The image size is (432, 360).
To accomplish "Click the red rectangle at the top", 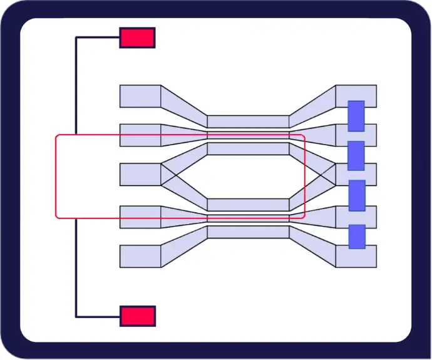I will (137, 38).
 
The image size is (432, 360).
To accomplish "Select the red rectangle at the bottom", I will (137, 316).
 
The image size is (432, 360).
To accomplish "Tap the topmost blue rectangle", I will (356, 116).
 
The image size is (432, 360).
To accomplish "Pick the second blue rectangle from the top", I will (356, 156).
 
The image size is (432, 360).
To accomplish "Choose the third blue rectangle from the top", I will (356, 195).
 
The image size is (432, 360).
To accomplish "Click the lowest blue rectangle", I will (356, 236).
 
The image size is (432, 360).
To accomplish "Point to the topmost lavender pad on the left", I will (140, 96).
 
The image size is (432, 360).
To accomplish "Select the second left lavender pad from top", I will (140, 135).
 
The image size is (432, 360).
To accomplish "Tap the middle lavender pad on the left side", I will (140, 174).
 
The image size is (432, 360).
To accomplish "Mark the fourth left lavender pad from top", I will (140, 216).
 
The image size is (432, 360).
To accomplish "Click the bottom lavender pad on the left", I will (140, 256).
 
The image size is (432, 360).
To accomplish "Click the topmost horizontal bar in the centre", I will (248, 121).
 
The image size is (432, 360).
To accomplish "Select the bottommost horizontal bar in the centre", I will (248, 232).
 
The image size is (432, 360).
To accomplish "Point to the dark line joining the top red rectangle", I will (76, 81).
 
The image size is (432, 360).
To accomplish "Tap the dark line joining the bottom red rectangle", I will (76, 269).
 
